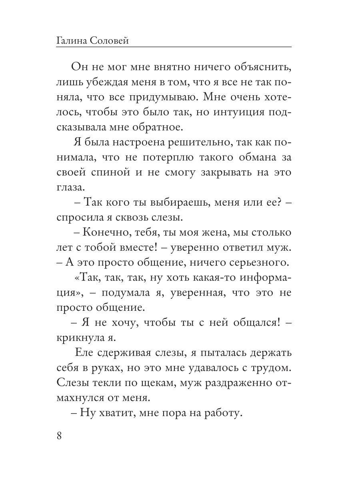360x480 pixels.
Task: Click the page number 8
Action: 59,436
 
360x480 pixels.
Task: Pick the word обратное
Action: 157,127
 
